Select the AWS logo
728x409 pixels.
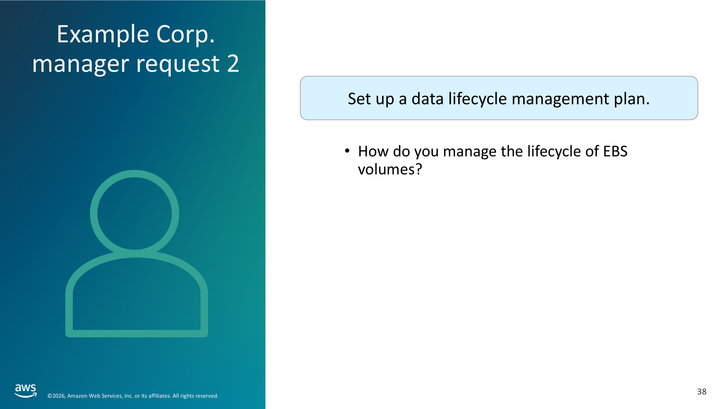pos(26,391)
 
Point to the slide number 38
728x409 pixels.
pos(702,392)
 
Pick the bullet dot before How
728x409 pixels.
pos(347,151)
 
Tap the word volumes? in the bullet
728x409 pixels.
pos(390,169)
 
